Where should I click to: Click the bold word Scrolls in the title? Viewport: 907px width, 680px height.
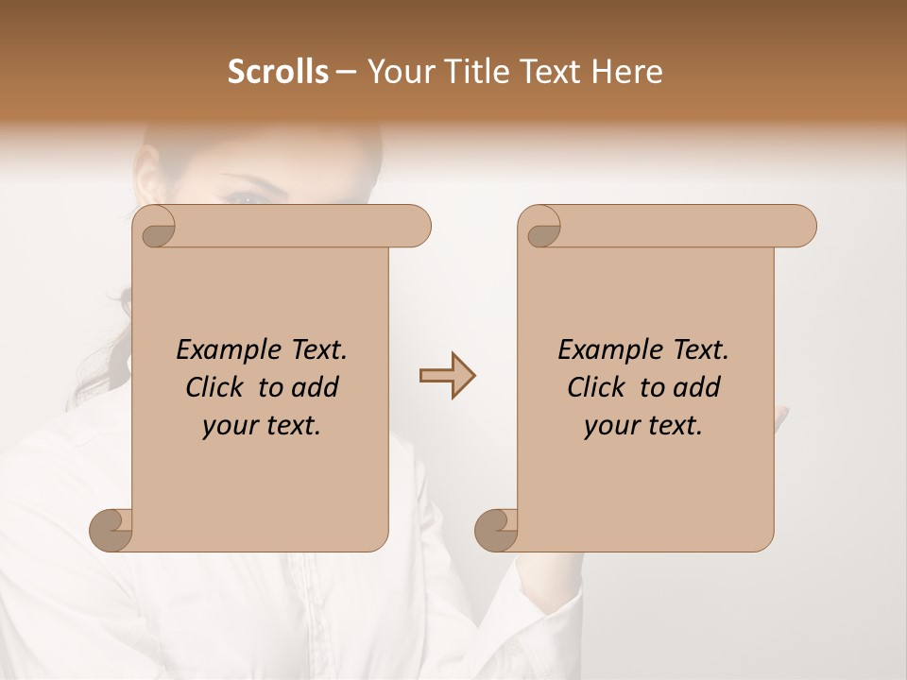pyautogui.click(x=278, y=72)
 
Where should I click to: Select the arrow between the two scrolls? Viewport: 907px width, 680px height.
pyautogui.click(x=447, y=376)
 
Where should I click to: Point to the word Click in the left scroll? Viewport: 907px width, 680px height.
pyautogui.click(x=215, y=387)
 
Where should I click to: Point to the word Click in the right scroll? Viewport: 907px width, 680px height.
pyautogui.click(x=597, y=387)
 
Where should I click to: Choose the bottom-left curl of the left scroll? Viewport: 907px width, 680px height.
pyautogui.click(x=110, y=530)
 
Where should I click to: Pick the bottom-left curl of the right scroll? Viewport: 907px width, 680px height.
pyautogui.click(x=495, y=530)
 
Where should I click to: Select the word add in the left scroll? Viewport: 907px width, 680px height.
pyautogui.click(x=315, y=387)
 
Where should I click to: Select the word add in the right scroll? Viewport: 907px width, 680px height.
pyautogui.click(x=696, y=387)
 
